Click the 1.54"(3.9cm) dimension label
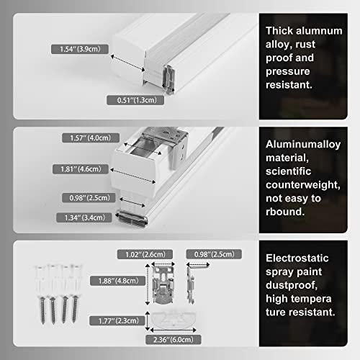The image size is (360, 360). [x=78, y=50]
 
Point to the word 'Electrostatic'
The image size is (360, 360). [x=300, y=258]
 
